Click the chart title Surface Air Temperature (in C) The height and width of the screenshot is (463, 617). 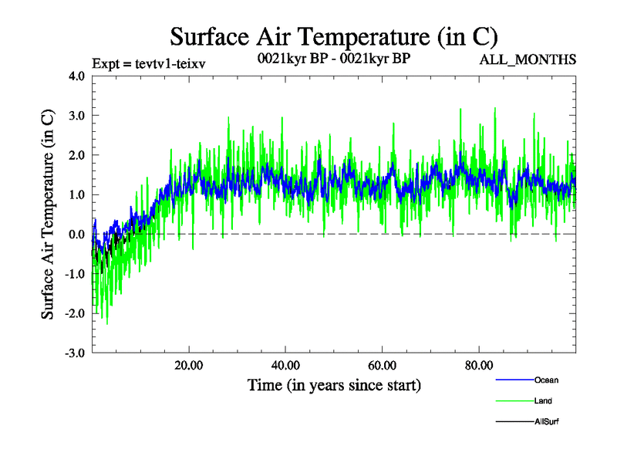(333, 36)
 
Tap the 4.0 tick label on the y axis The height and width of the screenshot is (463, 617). (78, 76)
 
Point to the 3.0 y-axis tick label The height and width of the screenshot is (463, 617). (78, 116)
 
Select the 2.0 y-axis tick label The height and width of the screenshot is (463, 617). (78, 155)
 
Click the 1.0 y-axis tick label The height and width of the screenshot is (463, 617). (78, 195)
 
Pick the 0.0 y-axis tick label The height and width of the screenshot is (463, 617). (78, 235)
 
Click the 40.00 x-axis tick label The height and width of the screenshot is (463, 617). (286, 365)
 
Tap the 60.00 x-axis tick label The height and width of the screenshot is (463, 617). (383, 365)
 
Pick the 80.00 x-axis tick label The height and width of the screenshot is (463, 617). (480, 365)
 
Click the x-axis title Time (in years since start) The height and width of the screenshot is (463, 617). (334, 384)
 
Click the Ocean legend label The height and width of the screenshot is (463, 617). (545, 380)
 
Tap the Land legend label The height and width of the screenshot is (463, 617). (543, 401)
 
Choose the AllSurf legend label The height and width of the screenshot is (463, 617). (547, 422)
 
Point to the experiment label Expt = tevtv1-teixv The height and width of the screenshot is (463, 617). (148, 63)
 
